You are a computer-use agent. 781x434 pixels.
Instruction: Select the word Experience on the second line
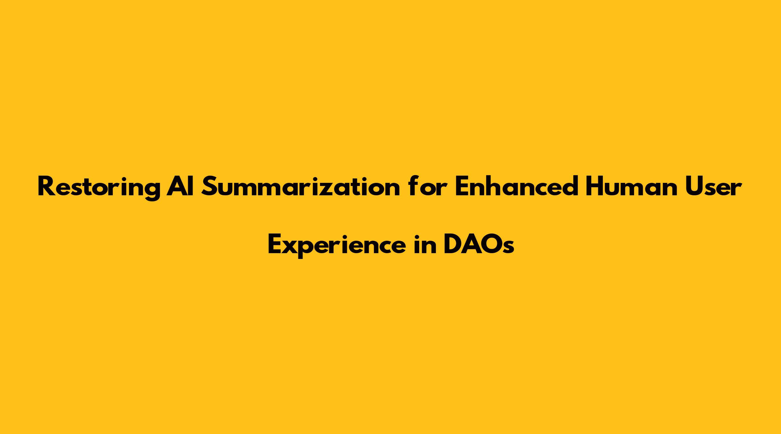336,245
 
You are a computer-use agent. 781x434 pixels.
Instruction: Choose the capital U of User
690,186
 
